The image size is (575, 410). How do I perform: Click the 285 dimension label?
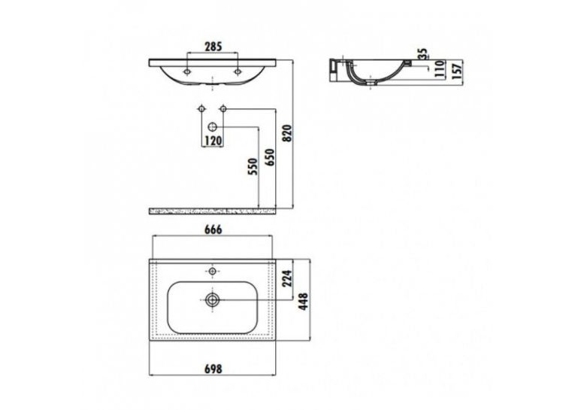(213, 47)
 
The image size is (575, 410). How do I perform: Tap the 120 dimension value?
(213, 141)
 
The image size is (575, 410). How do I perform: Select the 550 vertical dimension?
(253, 167)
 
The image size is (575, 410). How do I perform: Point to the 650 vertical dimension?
(270, 157)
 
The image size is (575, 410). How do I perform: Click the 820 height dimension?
(287, 134)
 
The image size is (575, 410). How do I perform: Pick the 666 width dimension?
(213, 229)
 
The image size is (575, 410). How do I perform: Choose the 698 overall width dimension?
(213, 369)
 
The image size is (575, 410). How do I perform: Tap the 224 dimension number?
(287, 278)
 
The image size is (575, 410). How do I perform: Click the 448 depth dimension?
(304, 302)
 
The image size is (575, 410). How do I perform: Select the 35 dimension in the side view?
(424, 54)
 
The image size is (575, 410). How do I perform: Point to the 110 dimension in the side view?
(439, 68)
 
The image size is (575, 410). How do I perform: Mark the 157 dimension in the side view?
(456, 71)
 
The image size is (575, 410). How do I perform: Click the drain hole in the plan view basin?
(212, 300)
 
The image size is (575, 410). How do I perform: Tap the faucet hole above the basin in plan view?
(212, 272)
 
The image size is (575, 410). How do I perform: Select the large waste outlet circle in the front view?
(213, 127)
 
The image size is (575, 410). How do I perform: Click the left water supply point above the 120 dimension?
(201, 108)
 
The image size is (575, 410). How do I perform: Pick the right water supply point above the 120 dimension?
(223, 108)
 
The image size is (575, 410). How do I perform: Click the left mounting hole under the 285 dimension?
(187, 71)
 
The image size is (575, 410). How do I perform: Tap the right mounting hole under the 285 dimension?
(238, 71)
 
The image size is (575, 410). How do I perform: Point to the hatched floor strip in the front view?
(212, 211)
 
